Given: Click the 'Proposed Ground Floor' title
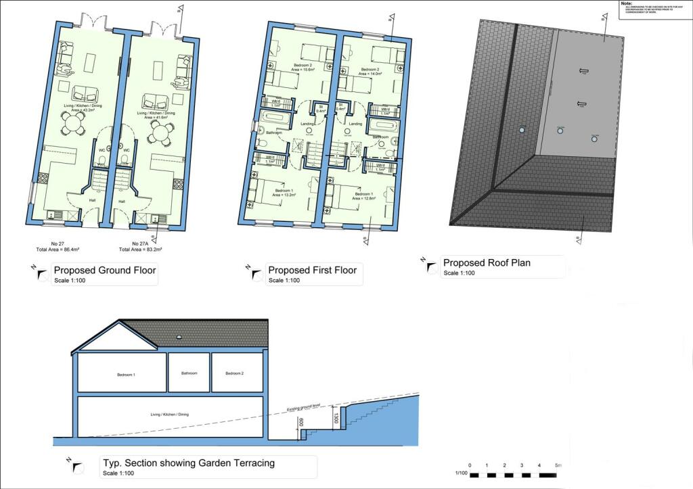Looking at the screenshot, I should [x=105, y=271].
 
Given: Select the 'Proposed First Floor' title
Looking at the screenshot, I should [x=312, y=271].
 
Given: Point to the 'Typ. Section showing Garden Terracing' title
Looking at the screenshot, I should [x=188, y=463].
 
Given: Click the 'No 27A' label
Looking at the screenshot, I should [x=140, y=243].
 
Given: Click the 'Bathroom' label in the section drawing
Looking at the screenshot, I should [x=189, y=373].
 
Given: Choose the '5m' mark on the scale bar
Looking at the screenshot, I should [x=557, y=466].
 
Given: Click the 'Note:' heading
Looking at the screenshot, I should [x=627, y=3].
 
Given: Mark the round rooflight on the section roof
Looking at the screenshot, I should [x=179, y=336].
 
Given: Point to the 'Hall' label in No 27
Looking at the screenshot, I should [x=92, y=200].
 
